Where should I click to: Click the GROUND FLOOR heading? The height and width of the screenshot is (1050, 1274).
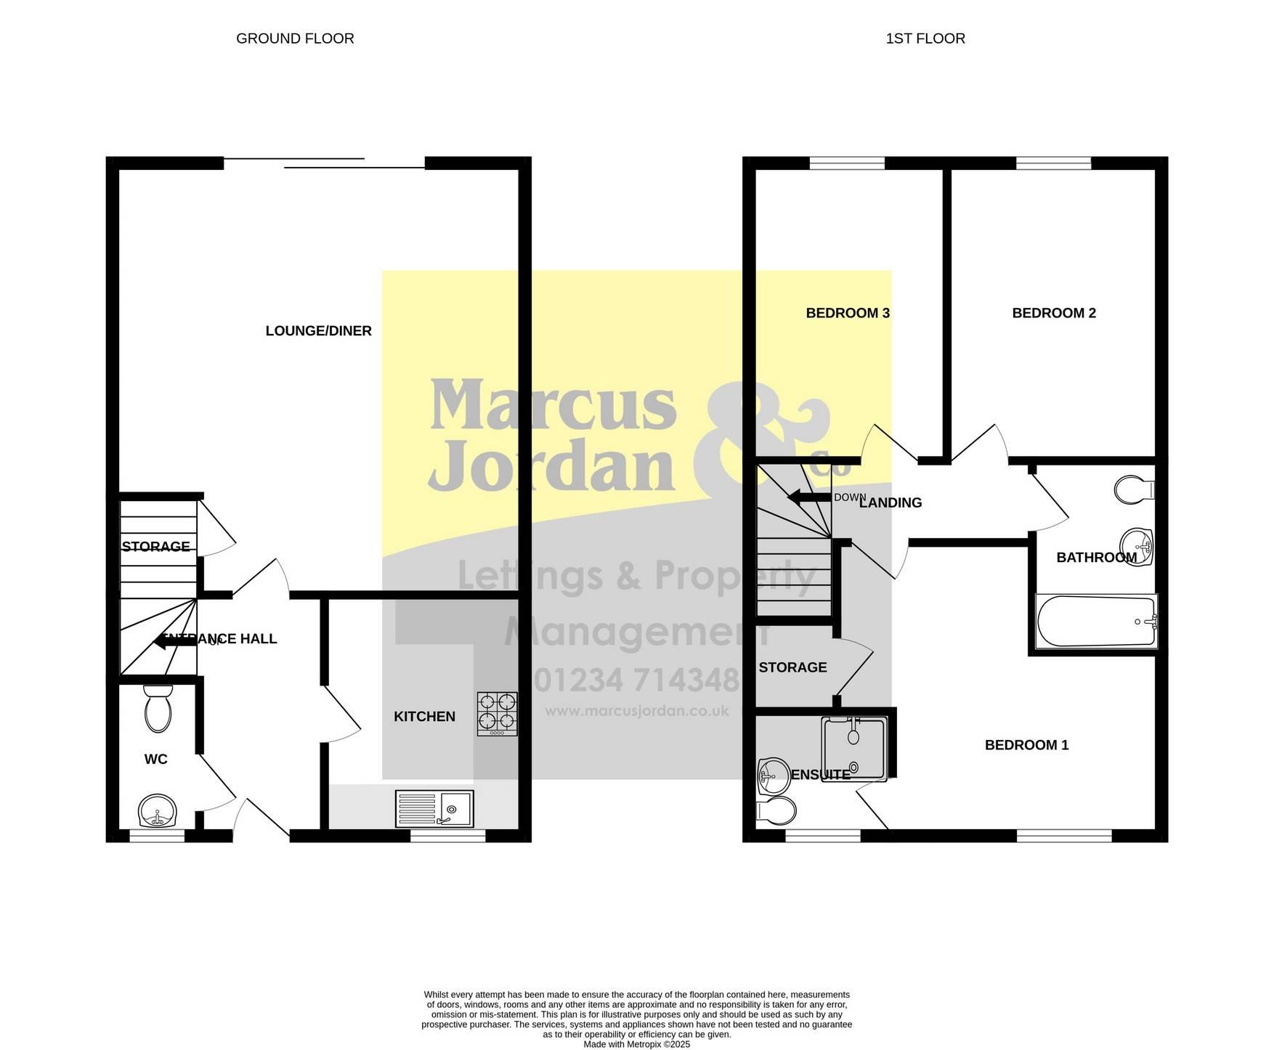[x=295, y=38]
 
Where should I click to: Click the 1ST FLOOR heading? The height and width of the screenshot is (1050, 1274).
[x=925, y=38]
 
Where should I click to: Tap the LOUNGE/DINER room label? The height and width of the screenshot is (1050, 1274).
[x=318, y=331]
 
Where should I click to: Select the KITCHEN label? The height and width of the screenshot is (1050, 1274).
[x=424, y=717]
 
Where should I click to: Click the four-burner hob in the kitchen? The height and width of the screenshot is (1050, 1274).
[x=498, y=714]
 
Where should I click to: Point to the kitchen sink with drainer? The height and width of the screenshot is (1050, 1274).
[x=434, y=808]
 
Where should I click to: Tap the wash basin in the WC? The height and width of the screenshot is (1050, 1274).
[x=157, y=811]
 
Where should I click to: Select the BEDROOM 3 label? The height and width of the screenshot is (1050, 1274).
[x=848, y=313]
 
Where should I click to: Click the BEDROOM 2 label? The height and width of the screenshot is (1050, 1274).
[x=1054, y=313]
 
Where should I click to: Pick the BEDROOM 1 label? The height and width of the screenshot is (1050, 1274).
[x=1026, y=745]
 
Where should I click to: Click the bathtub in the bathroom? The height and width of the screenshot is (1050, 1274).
[x=1096, y=622]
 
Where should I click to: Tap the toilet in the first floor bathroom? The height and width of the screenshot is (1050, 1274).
[x=1134, y=489]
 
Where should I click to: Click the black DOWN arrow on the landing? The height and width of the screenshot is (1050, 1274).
[x=809, y=497]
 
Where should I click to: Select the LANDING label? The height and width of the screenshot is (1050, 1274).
[x=890, y=502]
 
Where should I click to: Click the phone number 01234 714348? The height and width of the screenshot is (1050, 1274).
[x=636, y=680]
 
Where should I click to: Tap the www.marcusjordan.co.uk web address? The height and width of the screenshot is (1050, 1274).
[x=636, y=712]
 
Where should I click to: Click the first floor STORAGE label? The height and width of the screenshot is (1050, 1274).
[x=792, y=667]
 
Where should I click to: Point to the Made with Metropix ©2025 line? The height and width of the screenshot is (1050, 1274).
[x=637, y=1044]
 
